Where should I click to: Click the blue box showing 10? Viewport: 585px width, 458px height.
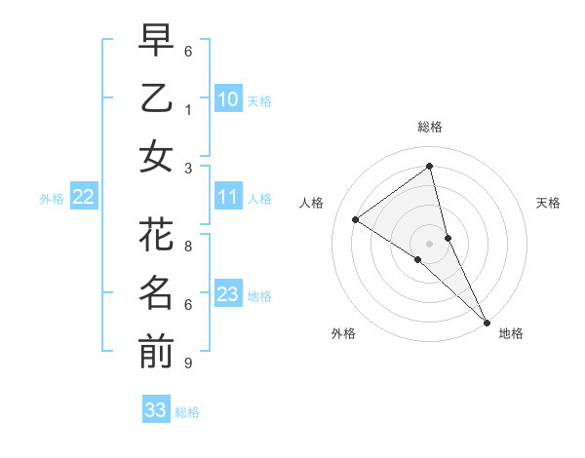(x=228, y=99)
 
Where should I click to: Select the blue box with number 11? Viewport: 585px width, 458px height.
(x=228, y=198)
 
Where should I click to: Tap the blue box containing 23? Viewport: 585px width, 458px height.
(x=228, y=295)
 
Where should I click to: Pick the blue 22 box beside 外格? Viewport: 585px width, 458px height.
(x=84, y=198)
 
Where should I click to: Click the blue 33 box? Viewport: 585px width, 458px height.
(x=156, y=410)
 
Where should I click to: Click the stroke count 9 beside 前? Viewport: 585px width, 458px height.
(x=188, y=363)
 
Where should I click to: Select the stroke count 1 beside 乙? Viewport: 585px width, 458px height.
(x=188, y=110)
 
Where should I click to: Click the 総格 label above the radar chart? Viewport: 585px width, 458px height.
(x=430, y=127)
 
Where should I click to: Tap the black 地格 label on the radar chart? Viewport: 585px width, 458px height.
(x=511, y=333)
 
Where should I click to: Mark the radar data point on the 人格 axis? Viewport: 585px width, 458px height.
(x=356, y=219)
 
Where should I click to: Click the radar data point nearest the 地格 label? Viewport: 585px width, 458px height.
(x=486, y=321)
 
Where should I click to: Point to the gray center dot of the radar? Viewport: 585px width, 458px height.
(x=430, y=243)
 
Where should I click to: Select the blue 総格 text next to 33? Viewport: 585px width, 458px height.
(x=188, y=412)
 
